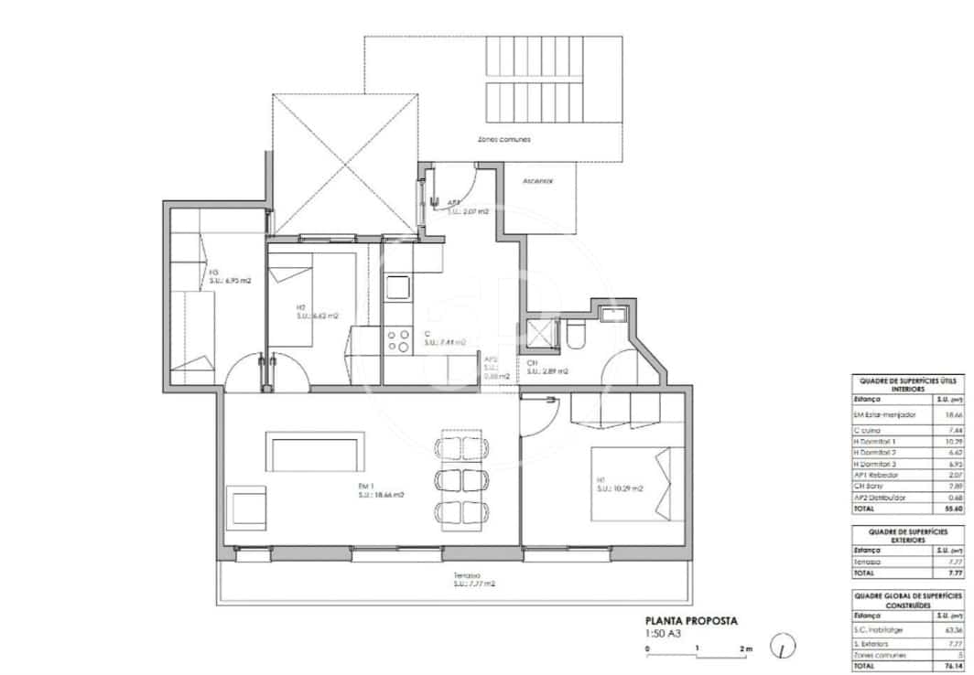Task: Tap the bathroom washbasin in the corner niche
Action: click(x=610, y=315)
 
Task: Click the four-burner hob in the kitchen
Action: click(x=399, y=341)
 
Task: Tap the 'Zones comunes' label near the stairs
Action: click(x=503, y=139)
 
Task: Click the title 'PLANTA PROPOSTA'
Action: click(x=691, y=620)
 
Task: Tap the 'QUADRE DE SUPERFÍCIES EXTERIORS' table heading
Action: click(x=908, y=536)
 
